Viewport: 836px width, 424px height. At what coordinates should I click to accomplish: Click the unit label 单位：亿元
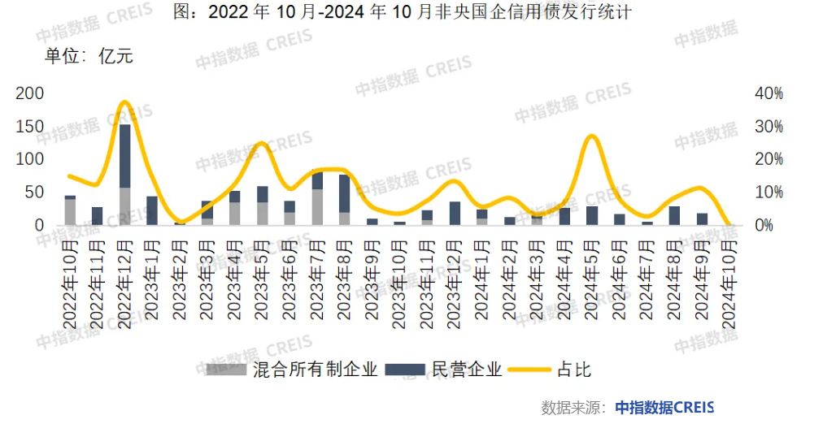pos(89,56)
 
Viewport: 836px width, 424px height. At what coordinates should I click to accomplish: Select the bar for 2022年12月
pos(125,174)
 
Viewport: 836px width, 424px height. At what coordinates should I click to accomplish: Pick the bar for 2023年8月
pos(345,200)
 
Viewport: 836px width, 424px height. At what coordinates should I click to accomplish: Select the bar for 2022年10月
pos(70,210)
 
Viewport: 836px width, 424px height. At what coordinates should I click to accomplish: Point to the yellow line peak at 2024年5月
pos(592,136)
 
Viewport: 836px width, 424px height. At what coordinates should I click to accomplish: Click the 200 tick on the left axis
pos(30,93)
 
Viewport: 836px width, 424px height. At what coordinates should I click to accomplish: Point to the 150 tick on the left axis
pos(30,127)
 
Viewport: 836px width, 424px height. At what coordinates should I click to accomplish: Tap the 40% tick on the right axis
pos(769,93)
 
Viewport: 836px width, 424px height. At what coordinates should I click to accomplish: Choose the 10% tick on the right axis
pos(769,193)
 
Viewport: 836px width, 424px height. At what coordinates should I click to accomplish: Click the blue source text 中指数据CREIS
pos(664,408)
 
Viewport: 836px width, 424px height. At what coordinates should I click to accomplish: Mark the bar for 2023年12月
pos(455,213)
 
